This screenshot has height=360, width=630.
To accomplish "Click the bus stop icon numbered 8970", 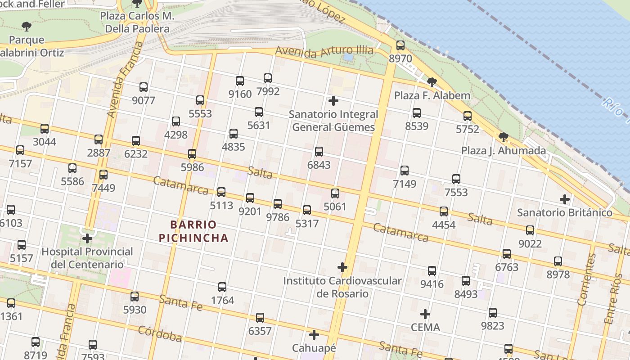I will (x=400, y=45).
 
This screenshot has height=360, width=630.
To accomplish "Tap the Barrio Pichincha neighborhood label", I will (x=193, y=231).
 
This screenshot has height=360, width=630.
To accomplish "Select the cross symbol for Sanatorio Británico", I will (x=564, y=199).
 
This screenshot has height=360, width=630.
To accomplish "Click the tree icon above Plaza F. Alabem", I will (x=432, y=82).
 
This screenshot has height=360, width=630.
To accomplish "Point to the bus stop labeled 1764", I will (x=222, y=287).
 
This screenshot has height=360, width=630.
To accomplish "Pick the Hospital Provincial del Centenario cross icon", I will (x=87, y=238).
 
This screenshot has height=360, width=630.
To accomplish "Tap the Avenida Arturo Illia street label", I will (x=324, y=51).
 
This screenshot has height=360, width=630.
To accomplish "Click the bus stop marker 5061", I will (x=335, y=193).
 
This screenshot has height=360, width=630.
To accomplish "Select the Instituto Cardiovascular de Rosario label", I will (x=342, y=287).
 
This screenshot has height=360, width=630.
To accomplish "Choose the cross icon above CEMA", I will (x=425, y=314).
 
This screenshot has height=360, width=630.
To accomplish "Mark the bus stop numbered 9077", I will (x=144, y=87).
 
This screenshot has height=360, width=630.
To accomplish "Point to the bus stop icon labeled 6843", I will (x=319, y=152).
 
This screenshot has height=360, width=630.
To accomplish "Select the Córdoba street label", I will (x=160, y=333).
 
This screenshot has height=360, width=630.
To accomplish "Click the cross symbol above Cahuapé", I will (x=314, y=335).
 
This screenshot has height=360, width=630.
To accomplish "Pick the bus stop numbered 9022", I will (x=530, y=230).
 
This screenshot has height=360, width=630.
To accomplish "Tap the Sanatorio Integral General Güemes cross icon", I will (x=333, y=101).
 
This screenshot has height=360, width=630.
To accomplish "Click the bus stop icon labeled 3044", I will (x=45, y=129).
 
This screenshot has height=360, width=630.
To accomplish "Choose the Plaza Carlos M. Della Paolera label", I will (x=137, y=22).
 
